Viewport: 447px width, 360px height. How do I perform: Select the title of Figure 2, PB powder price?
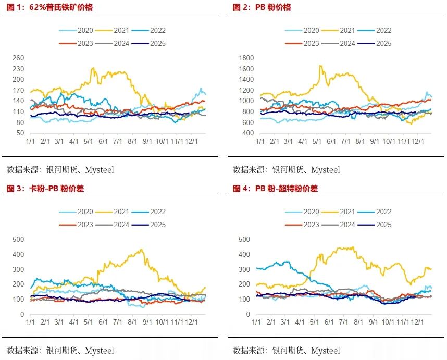262,7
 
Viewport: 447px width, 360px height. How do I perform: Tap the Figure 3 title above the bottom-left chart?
45,189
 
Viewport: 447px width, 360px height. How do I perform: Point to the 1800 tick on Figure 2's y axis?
247,58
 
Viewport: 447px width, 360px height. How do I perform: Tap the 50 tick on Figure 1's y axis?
19,133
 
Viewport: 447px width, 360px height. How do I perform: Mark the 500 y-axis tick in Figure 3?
18,239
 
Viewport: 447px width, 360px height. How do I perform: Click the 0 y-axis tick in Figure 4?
248,315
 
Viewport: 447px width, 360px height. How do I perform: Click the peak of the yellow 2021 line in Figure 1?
93,68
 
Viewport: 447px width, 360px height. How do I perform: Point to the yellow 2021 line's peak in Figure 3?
142,250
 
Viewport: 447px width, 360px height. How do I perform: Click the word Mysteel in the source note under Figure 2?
325,170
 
